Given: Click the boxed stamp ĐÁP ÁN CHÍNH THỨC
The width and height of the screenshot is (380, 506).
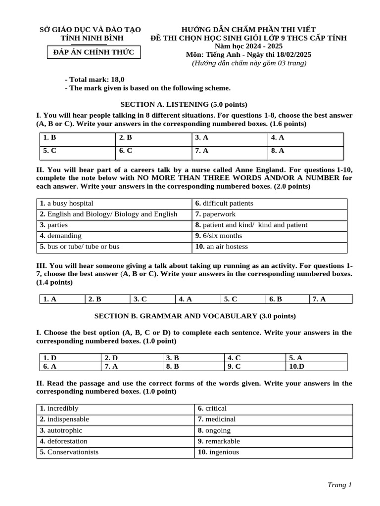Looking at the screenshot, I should (x=94, y=52).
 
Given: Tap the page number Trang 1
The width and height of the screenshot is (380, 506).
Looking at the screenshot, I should (x=339, y=485).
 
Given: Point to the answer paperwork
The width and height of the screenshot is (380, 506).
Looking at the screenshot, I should (x=215, y=214).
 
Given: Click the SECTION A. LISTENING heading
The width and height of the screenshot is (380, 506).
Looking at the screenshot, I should (x=184, y=104).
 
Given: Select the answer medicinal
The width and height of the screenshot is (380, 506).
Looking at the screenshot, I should (x=216, y=419).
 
